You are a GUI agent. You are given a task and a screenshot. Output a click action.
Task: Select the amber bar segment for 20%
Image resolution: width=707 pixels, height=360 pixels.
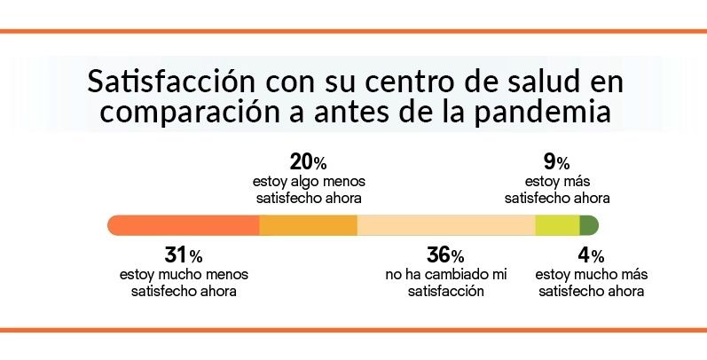[308, 225]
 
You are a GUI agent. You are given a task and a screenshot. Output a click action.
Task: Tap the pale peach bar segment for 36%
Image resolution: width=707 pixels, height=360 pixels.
[445, 225]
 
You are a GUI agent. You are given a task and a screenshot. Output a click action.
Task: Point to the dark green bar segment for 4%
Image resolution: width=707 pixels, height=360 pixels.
[590, 225]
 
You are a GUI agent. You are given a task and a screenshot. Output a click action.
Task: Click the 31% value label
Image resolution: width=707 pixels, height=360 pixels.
[184, 256]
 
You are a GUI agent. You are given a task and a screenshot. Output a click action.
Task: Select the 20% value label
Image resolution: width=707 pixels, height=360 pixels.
[308, 162]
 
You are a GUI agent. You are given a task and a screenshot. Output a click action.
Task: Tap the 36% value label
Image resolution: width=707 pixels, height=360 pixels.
[445, 256]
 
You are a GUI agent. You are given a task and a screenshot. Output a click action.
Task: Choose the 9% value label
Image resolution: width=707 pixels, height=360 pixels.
[556, 162]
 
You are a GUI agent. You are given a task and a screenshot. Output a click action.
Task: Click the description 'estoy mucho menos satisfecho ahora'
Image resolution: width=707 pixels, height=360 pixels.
[184, 283]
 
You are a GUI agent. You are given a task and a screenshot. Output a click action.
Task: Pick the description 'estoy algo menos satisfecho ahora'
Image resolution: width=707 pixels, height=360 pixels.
[308, 189]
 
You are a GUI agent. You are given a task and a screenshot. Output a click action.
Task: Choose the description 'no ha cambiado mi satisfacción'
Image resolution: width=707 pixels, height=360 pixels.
[445, 283]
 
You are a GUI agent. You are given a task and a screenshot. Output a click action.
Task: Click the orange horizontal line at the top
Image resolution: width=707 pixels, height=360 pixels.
[353, 31]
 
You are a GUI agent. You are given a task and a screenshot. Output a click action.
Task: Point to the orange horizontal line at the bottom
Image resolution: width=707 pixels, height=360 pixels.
[353, 330]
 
